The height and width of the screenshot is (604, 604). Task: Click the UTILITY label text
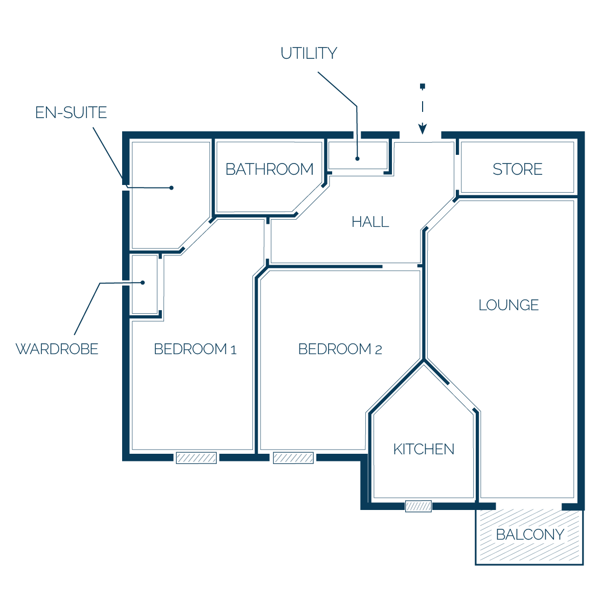tap(309, 53)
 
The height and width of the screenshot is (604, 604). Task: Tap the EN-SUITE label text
tap(71, 112)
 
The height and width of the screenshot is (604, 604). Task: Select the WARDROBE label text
tap(57, 349)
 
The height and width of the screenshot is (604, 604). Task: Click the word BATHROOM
tap(269, 169)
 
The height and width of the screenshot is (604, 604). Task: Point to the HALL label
tap(370, 222)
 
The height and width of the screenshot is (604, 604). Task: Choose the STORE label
tap(517, 169)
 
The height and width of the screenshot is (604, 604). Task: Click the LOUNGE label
tap(508, 305)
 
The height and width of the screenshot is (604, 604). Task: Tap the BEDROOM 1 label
tap(195, 349)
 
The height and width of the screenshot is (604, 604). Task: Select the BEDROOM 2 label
tap(340, 349)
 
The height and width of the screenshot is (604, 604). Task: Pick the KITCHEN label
tap(424, 449)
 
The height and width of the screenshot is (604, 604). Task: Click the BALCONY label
tap(530, 535)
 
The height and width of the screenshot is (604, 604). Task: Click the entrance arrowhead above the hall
tap(423, 129)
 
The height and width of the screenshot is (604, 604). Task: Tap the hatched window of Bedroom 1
tap(196, 458)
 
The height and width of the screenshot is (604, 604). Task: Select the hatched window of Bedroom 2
tap(293, 458)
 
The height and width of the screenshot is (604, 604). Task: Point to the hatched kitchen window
tap(419, 506)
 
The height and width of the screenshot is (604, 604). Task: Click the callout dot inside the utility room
tap(358, 159)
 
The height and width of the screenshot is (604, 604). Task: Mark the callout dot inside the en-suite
tap(171, 188)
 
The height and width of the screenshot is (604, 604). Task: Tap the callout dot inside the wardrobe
tap(143, 283)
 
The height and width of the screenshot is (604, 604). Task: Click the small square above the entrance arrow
tap(423, 86)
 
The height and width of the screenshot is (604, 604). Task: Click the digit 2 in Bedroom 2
tap(378, 350)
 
